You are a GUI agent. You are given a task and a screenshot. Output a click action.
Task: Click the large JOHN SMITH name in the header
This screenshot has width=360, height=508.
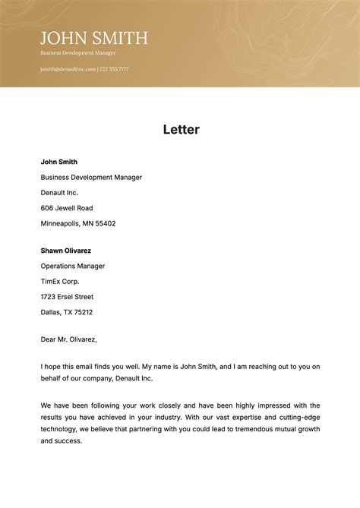(x=94, y=38)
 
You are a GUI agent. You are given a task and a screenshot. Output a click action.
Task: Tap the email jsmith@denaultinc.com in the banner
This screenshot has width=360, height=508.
(x=68, y=69)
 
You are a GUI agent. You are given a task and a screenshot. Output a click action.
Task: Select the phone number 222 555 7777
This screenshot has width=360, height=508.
(x=114, y=69)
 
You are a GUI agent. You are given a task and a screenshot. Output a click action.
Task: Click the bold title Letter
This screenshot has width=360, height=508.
(x=181, y=130)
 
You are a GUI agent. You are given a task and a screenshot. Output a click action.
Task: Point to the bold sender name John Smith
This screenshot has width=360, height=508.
(x=59, y=162)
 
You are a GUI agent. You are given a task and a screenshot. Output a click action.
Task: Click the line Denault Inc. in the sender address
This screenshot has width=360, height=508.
(x=59, y=193)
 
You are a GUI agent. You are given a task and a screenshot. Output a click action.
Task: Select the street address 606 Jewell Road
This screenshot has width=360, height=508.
(x=67, y=208)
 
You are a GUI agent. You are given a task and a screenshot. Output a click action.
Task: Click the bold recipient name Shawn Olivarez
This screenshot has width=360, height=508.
(x=66, y=251)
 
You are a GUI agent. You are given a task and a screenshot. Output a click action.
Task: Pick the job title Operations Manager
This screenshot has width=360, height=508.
(x=73, y=266)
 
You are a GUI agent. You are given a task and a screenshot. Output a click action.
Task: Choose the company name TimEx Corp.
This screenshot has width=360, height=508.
(x=60, y=281)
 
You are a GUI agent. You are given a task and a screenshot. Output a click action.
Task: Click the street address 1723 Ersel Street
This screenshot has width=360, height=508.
(x=67, y=297)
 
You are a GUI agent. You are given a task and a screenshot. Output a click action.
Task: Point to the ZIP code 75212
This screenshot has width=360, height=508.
(x=82, y=312)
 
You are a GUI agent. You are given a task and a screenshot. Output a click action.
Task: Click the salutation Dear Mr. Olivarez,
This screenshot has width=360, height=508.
(x=69, y=339)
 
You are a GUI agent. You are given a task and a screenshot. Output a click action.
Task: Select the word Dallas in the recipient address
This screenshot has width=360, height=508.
(x=51, y=312)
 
